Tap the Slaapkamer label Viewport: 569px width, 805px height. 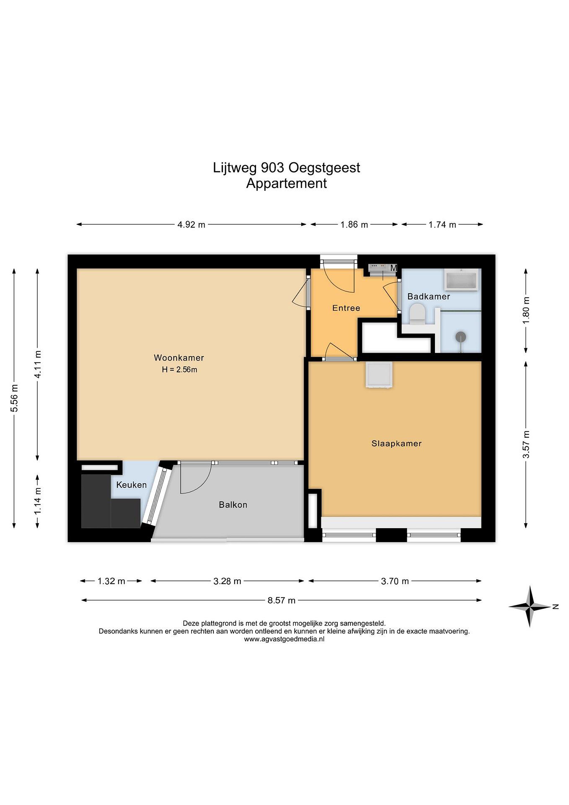tap(396, 444)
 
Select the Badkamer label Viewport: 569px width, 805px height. tap(428, 297)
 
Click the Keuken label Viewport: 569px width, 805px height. tap(131, 485)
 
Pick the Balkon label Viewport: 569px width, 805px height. tap(233, 505)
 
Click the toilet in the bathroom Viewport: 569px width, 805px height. tap(417, 314)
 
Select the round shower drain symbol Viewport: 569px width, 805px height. tap(460, 337)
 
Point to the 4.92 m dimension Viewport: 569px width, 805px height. tap(191, 224)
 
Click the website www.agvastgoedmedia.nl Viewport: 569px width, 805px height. tap(284, 639)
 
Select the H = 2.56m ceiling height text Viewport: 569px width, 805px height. tap(179, 370)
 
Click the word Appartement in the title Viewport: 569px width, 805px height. tap(286, 183)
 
